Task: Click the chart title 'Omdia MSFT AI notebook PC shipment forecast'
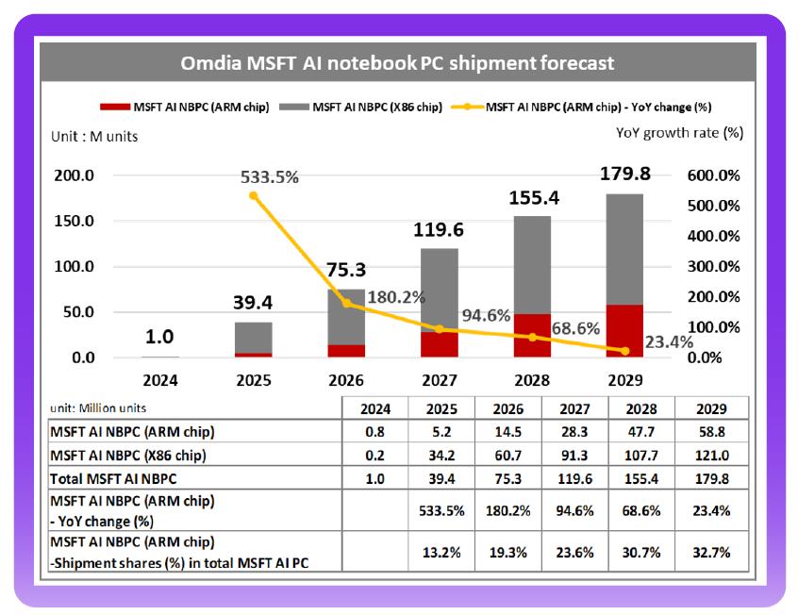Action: click(x=397, y=63)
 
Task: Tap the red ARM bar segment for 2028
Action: click(x=532, y=336)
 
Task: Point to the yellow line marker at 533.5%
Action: click(x=254, y=196)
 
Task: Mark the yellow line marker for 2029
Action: click(x=624, y=351)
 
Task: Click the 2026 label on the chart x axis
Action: click(x=347, y=381)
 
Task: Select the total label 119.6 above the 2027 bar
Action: click(x=439, y=229)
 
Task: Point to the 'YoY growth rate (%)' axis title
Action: click(x=679, y=133)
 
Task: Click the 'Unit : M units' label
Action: click(x=94, y=137)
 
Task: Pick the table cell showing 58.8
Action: click(x=711, y=432)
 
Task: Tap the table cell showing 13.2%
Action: click(x=441, y=552)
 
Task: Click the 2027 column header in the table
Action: click(x=576, y=408)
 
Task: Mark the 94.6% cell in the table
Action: click(x=576, y=511)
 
